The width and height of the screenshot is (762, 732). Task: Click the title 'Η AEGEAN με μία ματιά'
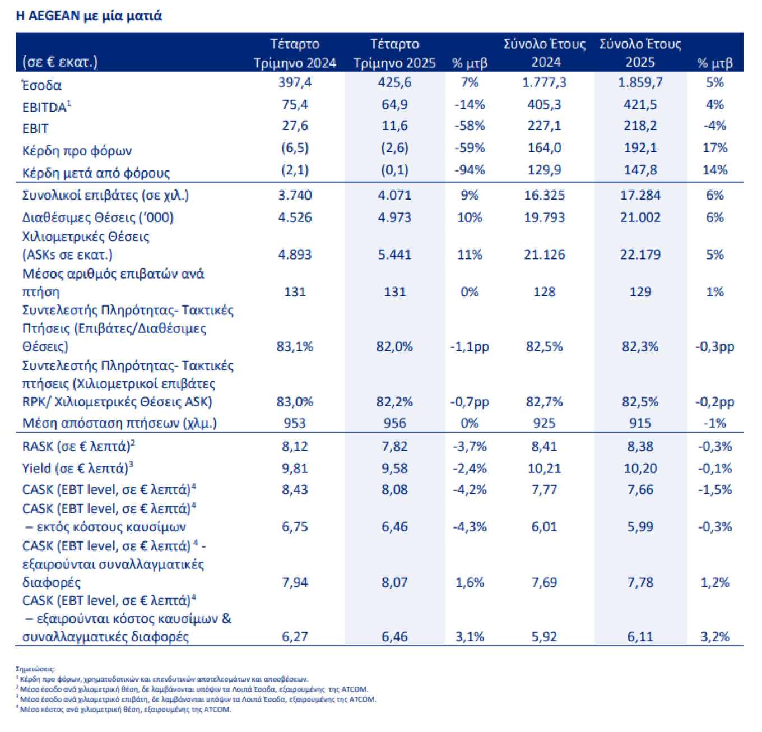tap(89, 16)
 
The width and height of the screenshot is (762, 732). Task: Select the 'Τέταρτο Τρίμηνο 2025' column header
tap(394, 53)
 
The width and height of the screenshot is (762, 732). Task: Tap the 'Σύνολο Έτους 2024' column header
tap(545, 53)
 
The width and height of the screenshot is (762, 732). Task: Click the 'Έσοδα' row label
tap(41, 85)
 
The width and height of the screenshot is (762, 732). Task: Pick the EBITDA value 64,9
tap(394, 105)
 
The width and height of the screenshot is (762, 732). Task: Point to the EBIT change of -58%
tap(470, 126)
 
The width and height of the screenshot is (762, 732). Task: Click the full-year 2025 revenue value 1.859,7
tap(640, 82)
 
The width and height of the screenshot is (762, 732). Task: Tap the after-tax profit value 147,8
tap(640, 170)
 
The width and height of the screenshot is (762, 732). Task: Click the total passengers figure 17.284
tap(640, 195)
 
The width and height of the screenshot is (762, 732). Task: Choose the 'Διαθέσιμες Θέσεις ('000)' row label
tap(98, 217)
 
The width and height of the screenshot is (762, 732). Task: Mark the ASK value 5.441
tap(394, 254)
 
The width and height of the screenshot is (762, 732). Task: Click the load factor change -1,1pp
tap(470, 346)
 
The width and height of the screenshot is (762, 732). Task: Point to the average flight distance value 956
tap(394, 423)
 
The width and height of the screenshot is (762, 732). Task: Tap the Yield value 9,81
tap(295, 468)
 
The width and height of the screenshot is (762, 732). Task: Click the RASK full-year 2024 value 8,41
tap(545, 446)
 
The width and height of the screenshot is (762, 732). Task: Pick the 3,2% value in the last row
tap(715, 637)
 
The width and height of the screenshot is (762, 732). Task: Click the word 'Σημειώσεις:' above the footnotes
tap(35, 669)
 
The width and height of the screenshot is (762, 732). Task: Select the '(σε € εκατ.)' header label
tap(60, 62)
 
